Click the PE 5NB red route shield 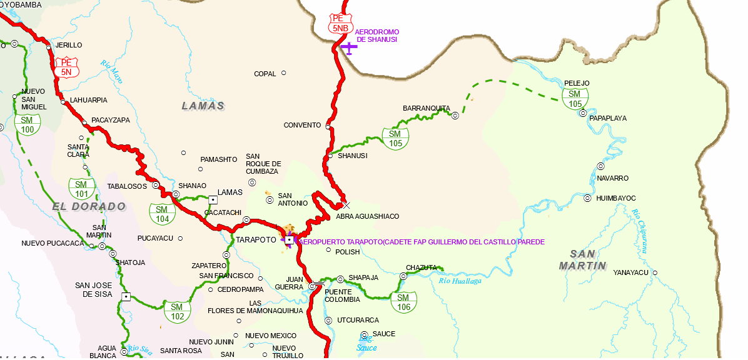tap(341, 23)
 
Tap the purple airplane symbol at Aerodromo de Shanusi tap(348, 47)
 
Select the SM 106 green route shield tap(403, 302)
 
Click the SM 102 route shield tap(177, 311)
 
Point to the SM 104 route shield tap(162, 214)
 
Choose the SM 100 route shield tap(28, 124)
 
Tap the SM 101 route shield tap(81, 189)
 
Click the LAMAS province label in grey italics tap(203, 106)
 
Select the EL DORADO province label tap(89, 206)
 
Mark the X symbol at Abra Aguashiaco tap(346, 205)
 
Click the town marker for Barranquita tap(455, 115)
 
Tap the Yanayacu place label tap(631, 272)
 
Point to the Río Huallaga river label tap(460, 281)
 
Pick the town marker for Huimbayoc tap(587, 198)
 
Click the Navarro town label tap(612, 178)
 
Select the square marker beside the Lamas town tap(213, 200)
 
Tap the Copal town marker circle tap(283, 73)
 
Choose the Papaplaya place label tap(608, 118)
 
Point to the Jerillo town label tap(69, 46)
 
